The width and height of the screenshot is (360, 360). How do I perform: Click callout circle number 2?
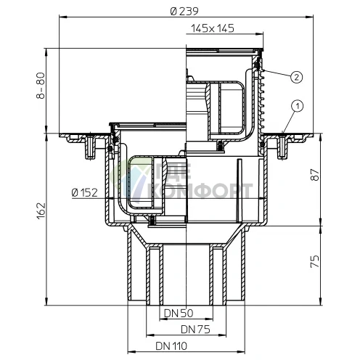pos(296,75)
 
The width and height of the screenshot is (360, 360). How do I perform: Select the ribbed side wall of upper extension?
pos(263,102)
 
